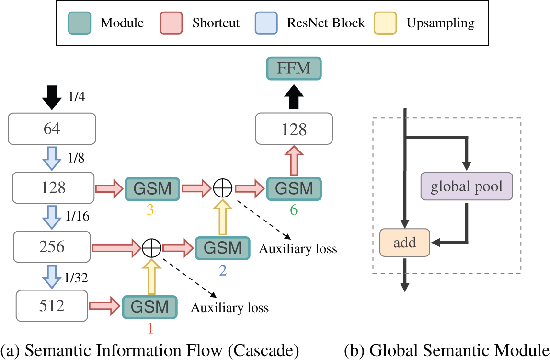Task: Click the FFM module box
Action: point(294,68)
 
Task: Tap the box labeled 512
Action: point(52,305)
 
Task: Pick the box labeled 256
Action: point(52,247)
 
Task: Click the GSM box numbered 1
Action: point(150,306)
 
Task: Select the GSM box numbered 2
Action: point(223,248)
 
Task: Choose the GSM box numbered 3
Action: point(152,188)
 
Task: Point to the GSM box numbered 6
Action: point(294,188)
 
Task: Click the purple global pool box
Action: point(467,186)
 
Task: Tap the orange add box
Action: point(405,243)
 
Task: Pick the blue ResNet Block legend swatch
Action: point(265,23)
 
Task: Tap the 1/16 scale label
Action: point(78,217)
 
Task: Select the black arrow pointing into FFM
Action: point(294,98)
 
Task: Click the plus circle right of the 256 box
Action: point(151,248)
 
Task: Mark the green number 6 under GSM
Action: point(294,210)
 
